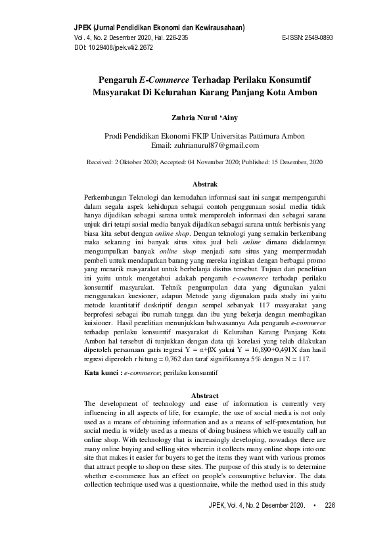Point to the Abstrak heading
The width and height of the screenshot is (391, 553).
click(x=204, y=184)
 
